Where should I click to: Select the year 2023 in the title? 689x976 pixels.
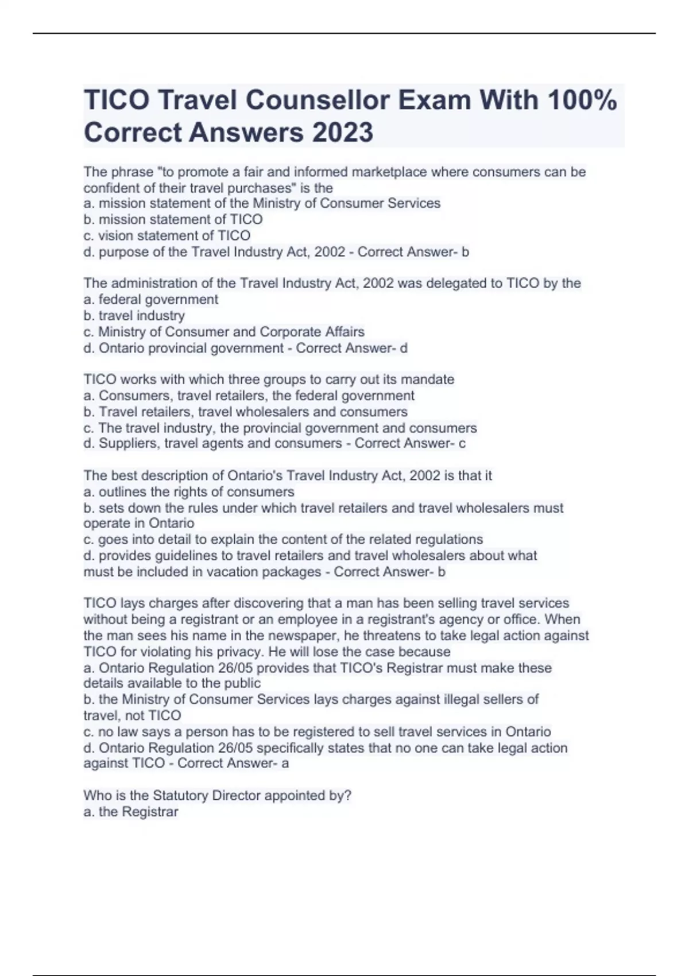[x=343, y=133]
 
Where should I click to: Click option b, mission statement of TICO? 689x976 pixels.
[x=173, y=219]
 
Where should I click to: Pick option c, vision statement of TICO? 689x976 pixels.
[x=167, y=235]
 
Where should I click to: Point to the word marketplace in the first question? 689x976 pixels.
[x=389, y=172]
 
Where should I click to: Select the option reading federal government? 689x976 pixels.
[x=151, y=299]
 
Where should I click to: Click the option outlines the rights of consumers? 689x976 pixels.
[x=189, y=492]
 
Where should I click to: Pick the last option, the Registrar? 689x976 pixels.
[x=131, y=812]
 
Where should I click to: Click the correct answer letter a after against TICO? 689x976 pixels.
[x=285, y=763]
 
